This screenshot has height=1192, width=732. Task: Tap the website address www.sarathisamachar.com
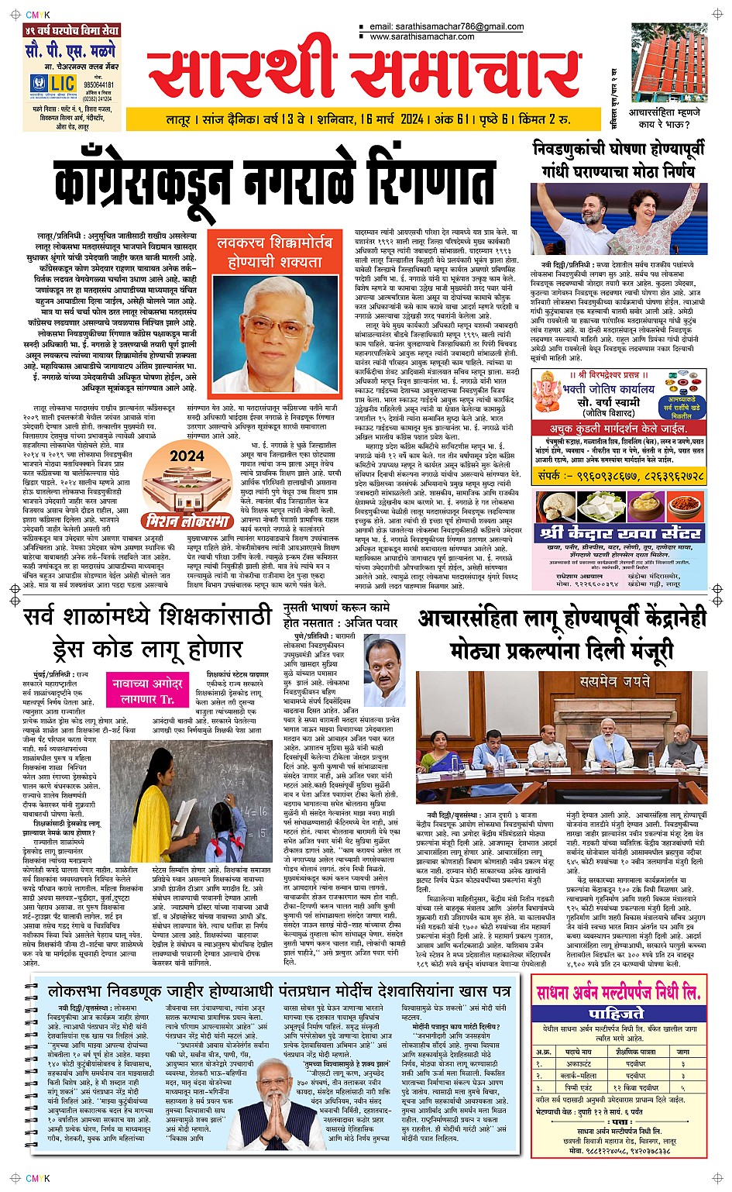[x=422, y=36]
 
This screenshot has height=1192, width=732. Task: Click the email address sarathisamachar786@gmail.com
[x=447, y=26]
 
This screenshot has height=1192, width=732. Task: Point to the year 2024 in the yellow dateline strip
[x=411, y=119]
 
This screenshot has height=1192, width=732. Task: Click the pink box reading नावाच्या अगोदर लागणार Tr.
[x=148, y=691]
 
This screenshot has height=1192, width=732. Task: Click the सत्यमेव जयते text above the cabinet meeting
[x=615, y=681]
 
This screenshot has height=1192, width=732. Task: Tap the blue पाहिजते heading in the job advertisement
[x=617, y=1013]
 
